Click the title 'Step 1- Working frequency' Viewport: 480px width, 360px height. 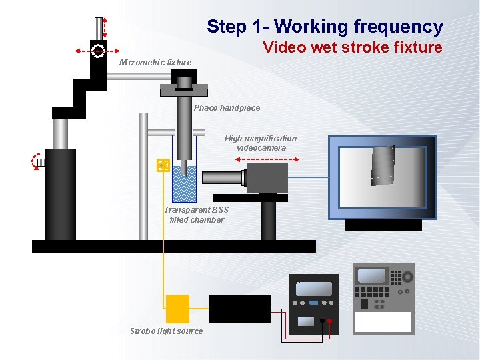tap(325, 27)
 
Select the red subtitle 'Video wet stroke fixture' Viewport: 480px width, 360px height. tap(352, 47)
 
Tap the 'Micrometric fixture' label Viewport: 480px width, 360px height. tap(155, 63)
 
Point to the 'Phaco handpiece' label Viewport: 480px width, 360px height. tap(227, 108)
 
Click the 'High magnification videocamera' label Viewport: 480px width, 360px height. tap(261, 143)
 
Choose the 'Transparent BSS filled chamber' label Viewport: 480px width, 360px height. tap(196, 215)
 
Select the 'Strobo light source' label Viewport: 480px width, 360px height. tap(166, 331)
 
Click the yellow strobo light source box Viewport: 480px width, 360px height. tap(177, 309)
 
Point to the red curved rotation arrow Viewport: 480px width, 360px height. tap(35, 161)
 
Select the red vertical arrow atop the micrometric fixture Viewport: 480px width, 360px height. tap(105, 27)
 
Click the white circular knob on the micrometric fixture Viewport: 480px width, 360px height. tap(98, 50)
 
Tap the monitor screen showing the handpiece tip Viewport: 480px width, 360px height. tap(382, 177)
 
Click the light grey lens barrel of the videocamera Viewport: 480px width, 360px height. tap(224, 178)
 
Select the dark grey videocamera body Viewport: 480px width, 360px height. tap(267, 178)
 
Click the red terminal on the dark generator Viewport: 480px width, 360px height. tap(329, 321)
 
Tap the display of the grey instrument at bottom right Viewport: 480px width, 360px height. tap(371, 276)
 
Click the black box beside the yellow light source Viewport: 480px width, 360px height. tap(240, 309)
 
